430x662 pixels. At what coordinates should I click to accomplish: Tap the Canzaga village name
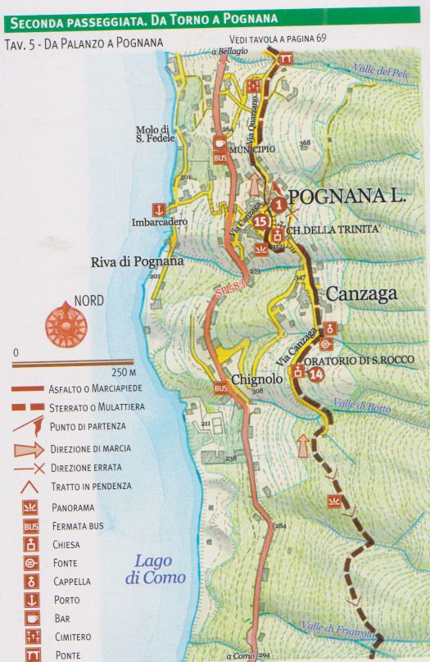362,292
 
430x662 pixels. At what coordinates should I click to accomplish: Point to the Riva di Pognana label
137,262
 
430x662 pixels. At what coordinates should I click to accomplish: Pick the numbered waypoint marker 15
261,221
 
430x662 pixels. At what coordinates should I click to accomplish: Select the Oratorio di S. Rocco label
360,359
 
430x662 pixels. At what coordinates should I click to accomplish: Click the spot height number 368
305,143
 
